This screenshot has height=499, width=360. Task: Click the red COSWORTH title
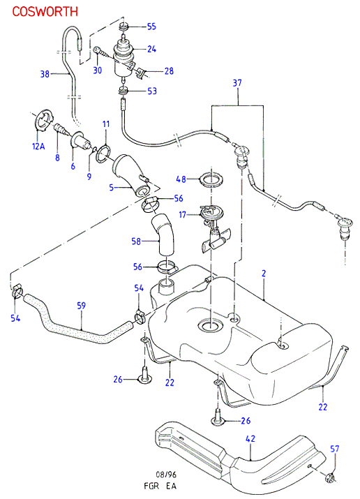tap(45, 11)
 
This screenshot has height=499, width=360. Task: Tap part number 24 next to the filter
tap(151, 49)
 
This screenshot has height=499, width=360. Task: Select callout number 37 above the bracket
tap(237, 83)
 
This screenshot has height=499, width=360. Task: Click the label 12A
tap(38, 147)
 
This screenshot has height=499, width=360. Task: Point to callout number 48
tap(181, 179)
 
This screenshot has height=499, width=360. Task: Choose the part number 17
tap(182, 215)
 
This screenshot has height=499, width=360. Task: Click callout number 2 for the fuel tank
tap(264, 274)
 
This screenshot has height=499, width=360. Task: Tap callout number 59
tap(82, 306)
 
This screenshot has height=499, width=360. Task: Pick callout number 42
tap(250, 438)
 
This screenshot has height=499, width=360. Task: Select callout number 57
tap(335, 449)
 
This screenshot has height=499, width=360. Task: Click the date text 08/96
tap(165, 475)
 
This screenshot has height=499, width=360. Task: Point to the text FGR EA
tap(160, 486)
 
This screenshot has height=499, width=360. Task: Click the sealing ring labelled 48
tap(211, 179)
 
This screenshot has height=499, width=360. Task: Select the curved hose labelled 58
tap(163, 234)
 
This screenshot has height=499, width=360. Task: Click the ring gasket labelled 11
tap(104, 153)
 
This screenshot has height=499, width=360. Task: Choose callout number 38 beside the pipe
tap(45, 74)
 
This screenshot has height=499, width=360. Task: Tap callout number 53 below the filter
tap(152, 91)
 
